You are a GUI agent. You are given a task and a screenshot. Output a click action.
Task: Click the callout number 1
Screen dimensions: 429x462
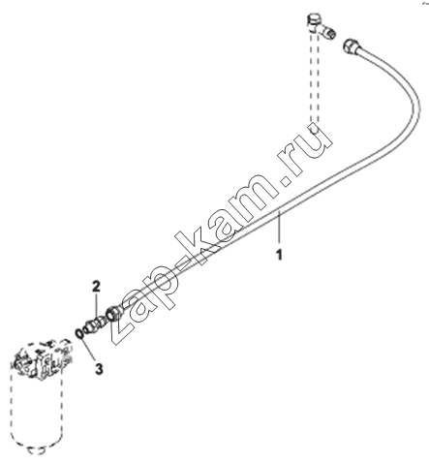tap(279, 254)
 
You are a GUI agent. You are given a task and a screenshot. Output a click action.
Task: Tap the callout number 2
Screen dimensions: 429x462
tap(96, 286)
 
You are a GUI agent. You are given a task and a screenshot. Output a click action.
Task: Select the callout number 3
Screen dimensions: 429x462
tap(99, 368)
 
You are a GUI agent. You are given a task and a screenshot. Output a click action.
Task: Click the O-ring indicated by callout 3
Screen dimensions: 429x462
tap(79, 333)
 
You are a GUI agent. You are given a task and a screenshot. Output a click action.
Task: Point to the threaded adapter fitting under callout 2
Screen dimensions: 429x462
tap(94, 323)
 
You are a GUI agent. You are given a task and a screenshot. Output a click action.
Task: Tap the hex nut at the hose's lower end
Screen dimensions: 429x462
tap(113, 313)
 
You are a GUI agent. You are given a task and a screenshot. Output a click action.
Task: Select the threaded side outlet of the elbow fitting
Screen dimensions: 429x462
tap(328, 32)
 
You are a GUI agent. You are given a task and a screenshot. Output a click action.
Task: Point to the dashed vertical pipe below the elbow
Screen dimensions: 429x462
tap(315, 80)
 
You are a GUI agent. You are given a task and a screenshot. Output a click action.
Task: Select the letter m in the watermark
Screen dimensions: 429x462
tap(254, 193)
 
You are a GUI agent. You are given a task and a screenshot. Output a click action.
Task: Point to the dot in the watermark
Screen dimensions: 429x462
tap(286, 180)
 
